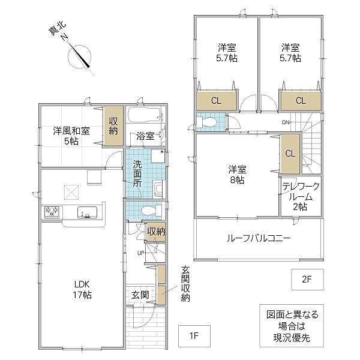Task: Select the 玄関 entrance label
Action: (141, 295)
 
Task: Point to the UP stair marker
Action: (141, 252)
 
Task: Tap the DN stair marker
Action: (286, 124)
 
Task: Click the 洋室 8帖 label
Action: (235, 173)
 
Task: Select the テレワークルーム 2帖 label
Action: (299, 196)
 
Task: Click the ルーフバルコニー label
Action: (259, 238)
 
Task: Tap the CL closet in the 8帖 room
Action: (290, 153)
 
